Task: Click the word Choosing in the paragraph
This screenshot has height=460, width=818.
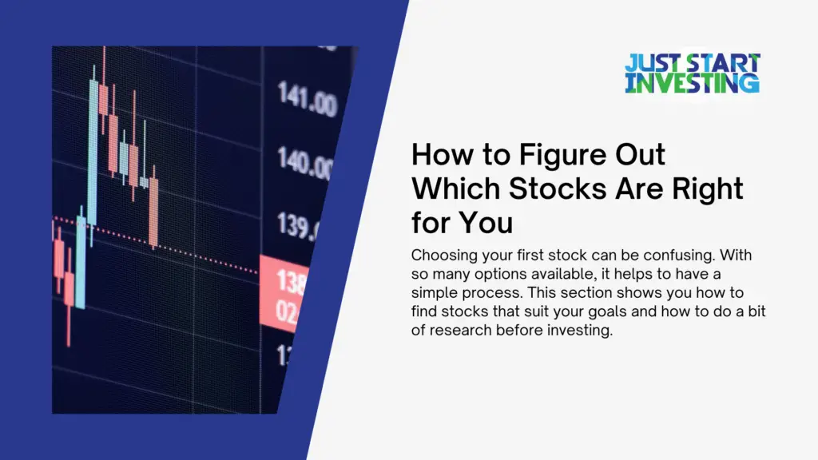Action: click(439, 256)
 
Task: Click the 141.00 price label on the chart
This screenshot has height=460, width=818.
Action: click(308, 101)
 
